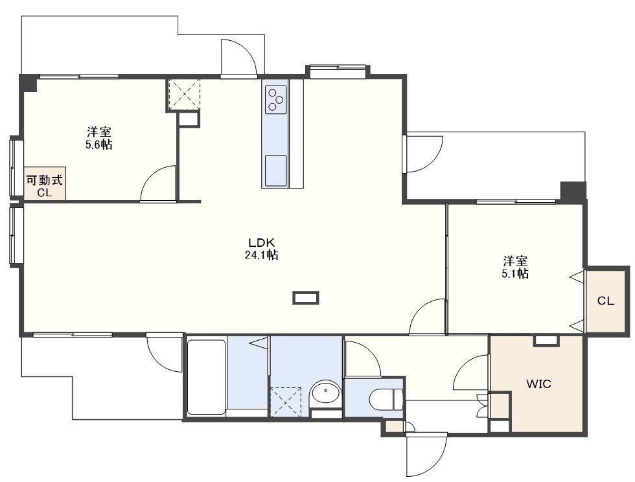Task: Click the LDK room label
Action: pyautogui.click(x=261, y=243)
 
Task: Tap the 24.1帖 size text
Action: pyautogui.click(x=261, y=255)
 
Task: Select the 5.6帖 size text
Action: pyautogui.click(x=98, y=144)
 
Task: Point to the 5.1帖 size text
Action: pyautogui.click(x=515, y=273)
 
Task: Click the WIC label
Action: pyautogui.click(x=538, y=384)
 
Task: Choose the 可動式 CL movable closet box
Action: pyautogui.click(x=45, y=183)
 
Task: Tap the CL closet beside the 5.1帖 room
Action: pyautogui.click(x=606, y=301)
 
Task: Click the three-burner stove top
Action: pyautogui.click(x=276, y=100)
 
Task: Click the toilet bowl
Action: pyautogui.click(x=386, y=399)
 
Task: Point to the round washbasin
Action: pyautogui.click(x=325, y=392)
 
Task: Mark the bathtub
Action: pyautogui.click(x=206, y=377)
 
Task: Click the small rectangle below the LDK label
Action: pyautogui.click(x=306, y=298)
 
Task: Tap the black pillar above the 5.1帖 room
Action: pyautogui.click(x=573, y=192)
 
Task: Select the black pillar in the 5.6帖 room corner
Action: pyautogui.click(x=29, y=83)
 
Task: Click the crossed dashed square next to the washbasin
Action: pyautogui.click(x=286, y=402)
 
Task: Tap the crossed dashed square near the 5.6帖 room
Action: pyautogui.click(x=184, y=94)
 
